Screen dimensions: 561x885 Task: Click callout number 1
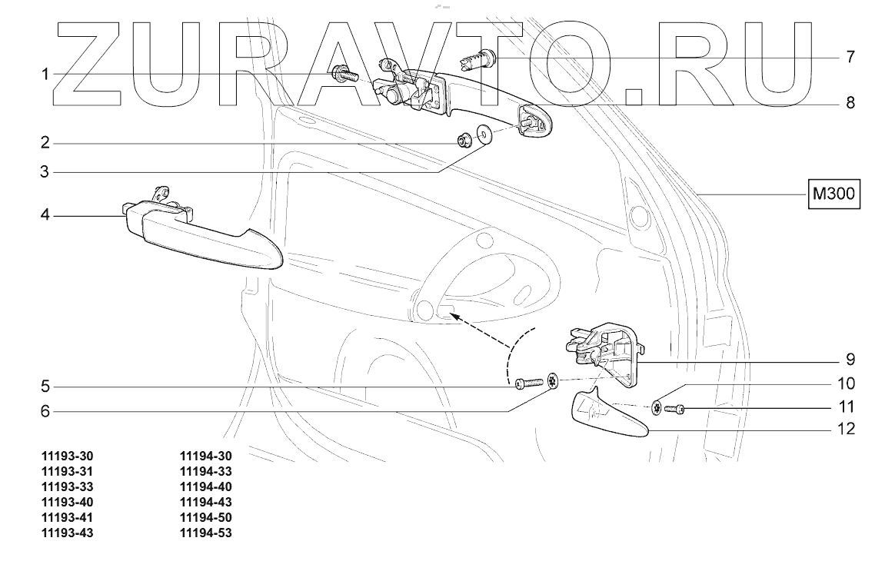click(46, 74)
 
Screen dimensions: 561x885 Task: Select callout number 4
click(46, 216)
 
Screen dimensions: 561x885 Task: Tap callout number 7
click(850, 57)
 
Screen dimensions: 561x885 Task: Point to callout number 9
click(850, 359)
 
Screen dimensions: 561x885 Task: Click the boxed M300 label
click(833, 195)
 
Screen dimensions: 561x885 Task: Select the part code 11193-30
click(72, 454)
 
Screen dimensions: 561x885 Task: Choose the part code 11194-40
click(205, 486)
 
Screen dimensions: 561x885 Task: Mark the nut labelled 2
click(465, 140)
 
